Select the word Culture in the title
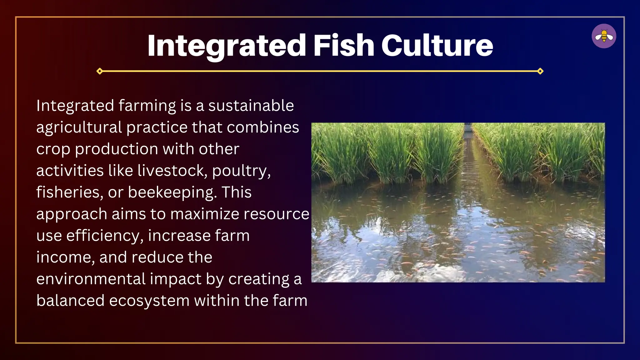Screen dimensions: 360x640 pyautogui.click(x=437, y=46)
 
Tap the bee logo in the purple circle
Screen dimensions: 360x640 pyautogui.click(x=604, y=36)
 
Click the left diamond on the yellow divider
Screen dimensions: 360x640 pyautogui.click(x=100, y=71)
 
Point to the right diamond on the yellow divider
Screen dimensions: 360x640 pyautogui.click(x=540, y=71)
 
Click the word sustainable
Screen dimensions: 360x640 pyautogui.click(x=251, y=106)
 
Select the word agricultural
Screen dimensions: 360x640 pyautogui.click(x=79, y=127)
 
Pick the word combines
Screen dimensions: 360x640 pyautogui.click(x=263, y=127)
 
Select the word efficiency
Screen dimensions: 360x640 pyautogui.click(x=105, y=236)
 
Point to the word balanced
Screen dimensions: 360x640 pyautogui.click(x=70, y=301)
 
